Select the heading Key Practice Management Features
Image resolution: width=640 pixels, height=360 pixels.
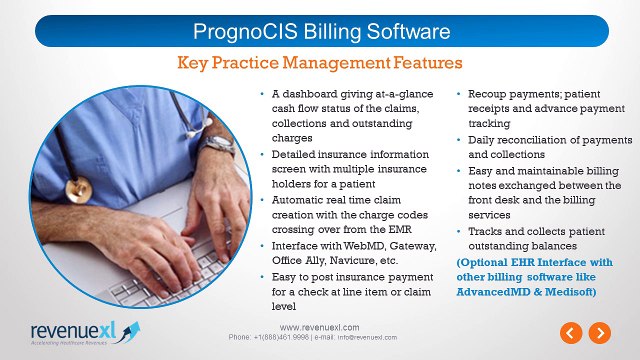320,63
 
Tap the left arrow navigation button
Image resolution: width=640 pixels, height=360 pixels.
569,332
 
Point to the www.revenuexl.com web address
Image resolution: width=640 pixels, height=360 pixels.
320,327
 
